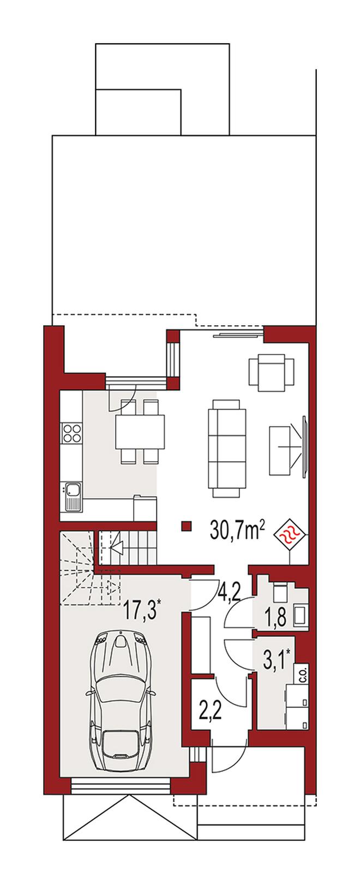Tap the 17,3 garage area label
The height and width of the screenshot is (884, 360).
(x=141, y=611)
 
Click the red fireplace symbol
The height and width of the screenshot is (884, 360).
(x=291, y=535)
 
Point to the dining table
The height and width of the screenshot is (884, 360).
(x=140, y=431)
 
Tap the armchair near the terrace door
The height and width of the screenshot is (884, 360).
(x=271, y=372)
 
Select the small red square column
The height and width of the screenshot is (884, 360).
(x=187, y=526)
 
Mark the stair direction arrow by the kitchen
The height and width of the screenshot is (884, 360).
(x=118, y=547)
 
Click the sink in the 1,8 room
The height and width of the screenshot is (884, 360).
(x=301, y=624)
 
